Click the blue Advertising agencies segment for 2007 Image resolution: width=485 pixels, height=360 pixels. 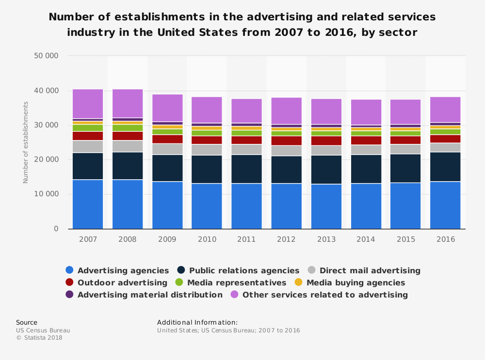(88, 204)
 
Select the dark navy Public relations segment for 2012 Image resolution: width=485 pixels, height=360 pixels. (286, 170)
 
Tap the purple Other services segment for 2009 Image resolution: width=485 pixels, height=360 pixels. (167, 108)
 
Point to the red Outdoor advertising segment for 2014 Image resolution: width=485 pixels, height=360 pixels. (366, 141)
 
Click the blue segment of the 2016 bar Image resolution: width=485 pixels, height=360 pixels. (445, 205)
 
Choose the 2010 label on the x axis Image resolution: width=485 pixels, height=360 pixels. (207, 239)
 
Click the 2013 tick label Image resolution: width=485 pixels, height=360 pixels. (326, 239)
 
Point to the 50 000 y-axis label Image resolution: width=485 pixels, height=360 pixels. (46, 56)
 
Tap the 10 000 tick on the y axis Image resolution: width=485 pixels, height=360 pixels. (46, 194)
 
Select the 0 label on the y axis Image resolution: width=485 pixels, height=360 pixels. (56, 229)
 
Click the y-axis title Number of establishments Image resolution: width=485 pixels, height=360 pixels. (26, 142)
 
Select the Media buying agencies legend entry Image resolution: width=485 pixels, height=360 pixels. (356, 282)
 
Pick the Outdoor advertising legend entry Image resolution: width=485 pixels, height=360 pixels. (122, 282)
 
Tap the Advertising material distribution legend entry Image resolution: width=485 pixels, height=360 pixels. (150, 295)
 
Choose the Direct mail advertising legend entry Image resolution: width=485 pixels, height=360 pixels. (370, 271)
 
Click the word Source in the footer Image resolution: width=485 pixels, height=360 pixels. (27, 323)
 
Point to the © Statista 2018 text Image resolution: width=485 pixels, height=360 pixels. (39, 338)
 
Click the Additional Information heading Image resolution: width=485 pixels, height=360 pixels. (197, 323)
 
